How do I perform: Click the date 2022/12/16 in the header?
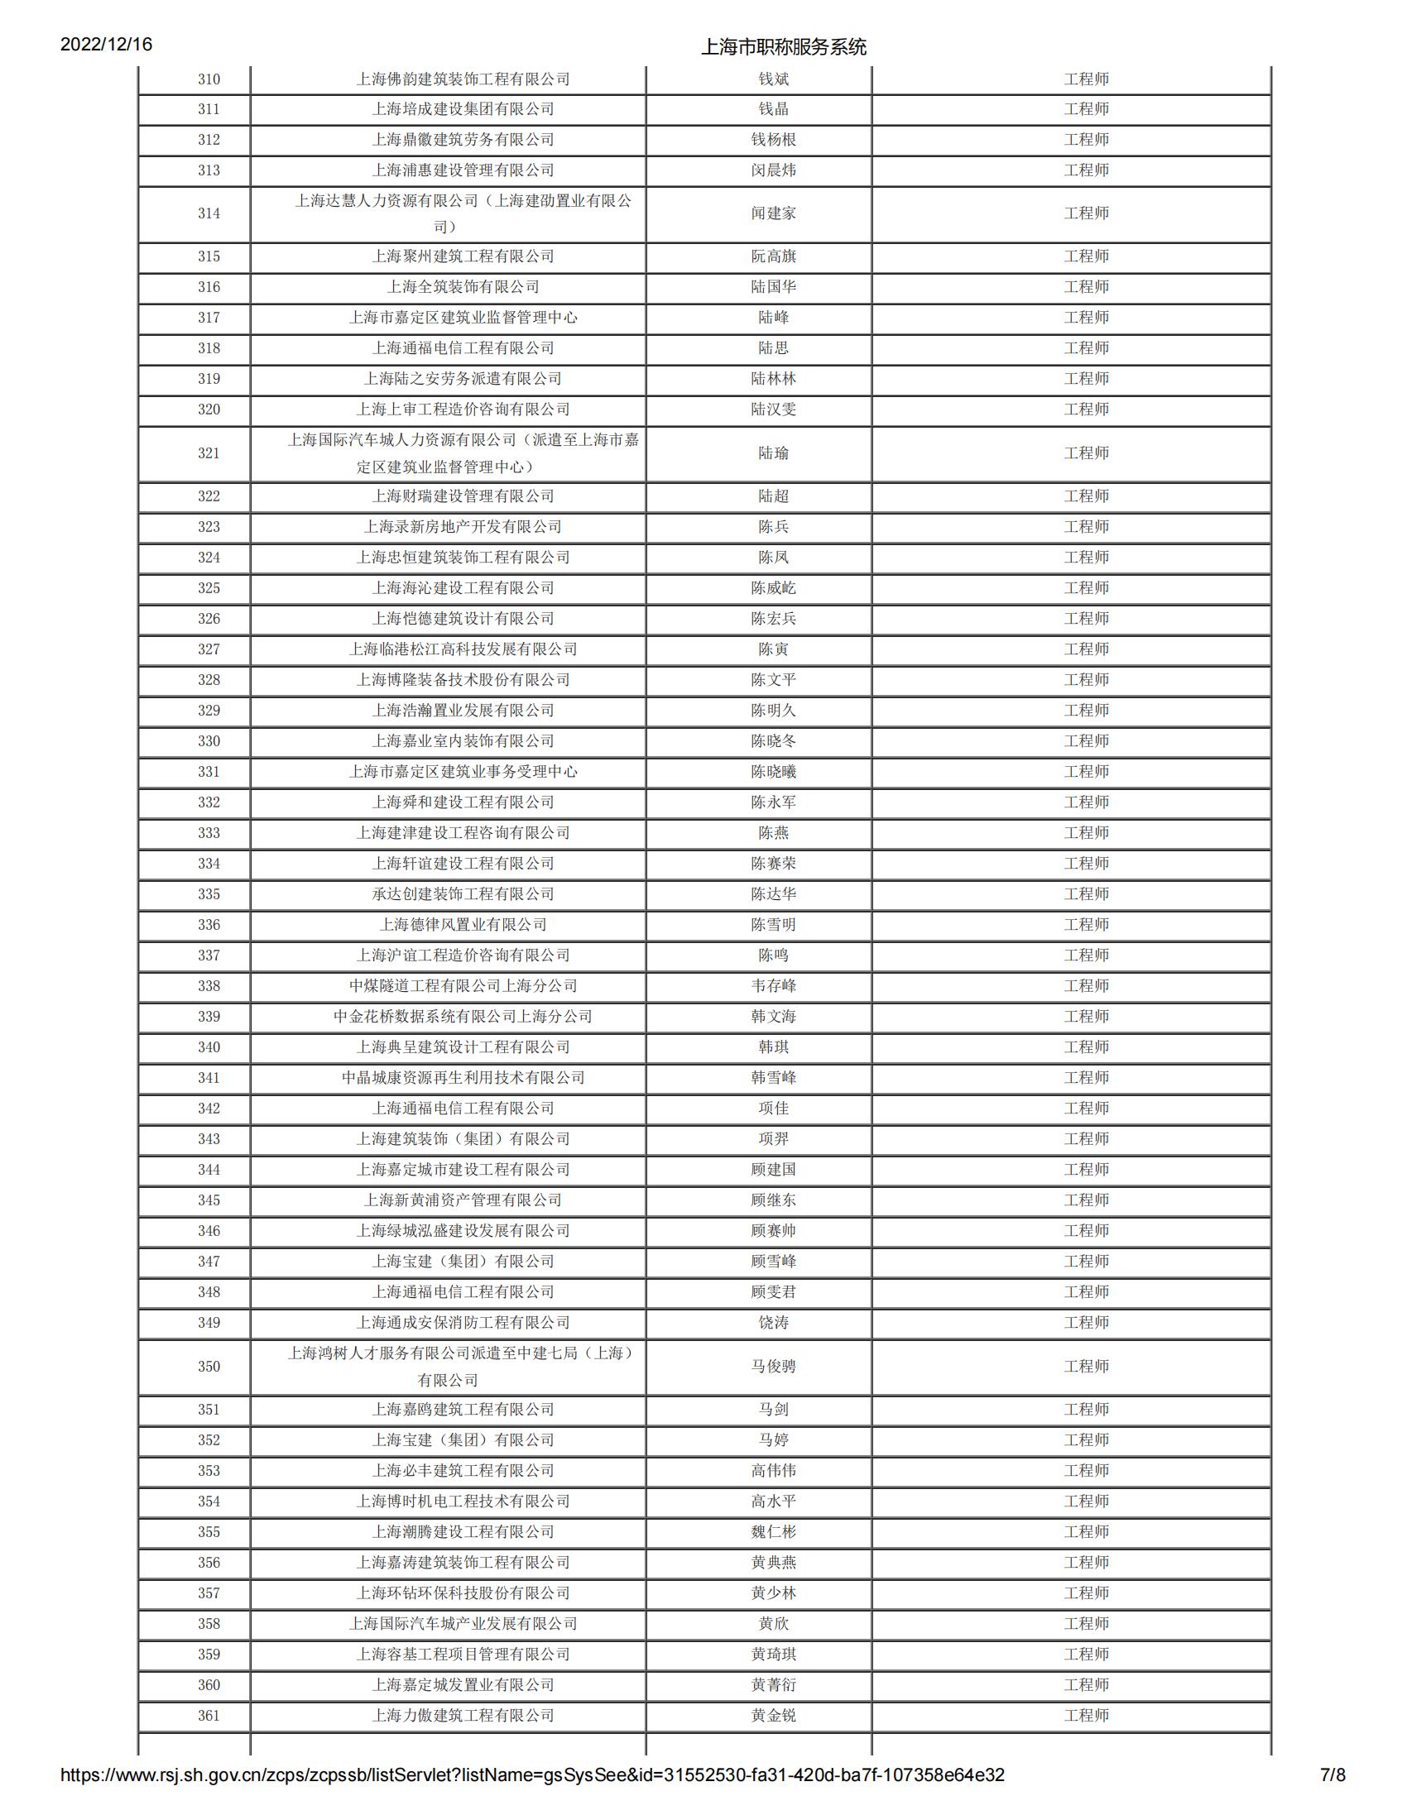(106, 45)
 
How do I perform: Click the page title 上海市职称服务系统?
(783, 46)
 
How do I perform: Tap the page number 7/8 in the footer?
(1333, 1798)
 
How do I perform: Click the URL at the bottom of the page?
(532, 1798)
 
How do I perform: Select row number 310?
(209, 79)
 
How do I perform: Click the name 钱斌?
(773, 79)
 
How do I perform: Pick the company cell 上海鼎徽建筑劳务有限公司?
(463, 140)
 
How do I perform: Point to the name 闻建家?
(773, 213)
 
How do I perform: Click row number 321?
(209, 453)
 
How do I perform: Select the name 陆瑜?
(773, 453)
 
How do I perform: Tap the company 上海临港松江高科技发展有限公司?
(463, 649)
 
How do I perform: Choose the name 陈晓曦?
(773, 772)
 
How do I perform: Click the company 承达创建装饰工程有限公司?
(463, 894)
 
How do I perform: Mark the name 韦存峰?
(773, 986)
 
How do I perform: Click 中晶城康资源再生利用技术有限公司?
(463, 1077)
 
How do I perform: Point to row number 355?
(209, 1531)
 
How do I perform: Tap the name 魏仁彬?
(773, 1531)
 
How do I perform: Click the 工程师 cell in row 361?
(1086, 1715)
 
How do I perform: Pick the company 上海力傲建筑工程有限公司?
(463, 1715)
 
